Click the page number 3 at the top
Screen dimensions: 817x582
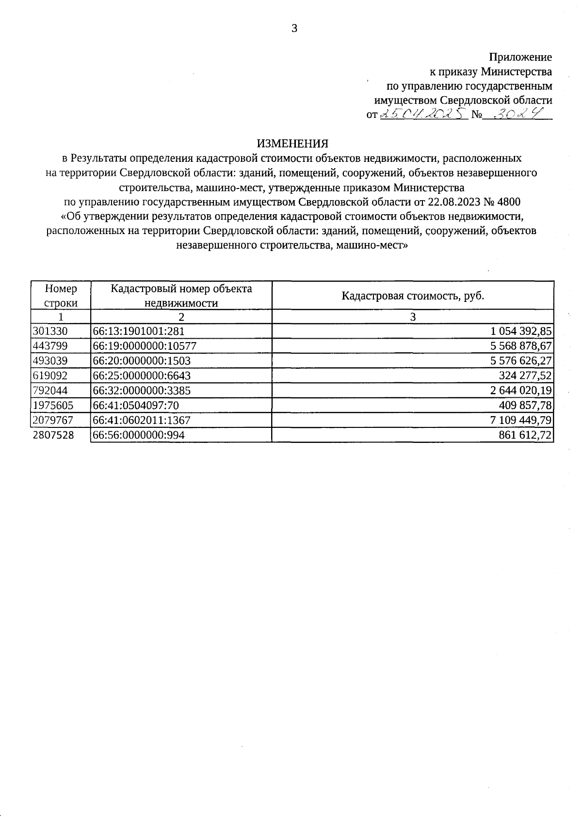pos(294,28)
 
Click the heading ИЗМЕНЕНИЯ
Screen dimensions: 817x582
pos(292,143)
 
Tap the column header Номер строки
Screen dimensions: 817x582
pos(61,296)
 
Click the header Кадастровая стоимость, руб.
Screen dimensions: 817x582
pos(413,296)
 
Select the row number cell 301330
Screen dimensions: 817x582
pos(50,331)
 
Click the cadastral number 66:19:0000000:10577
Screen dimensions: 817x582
pos(145,346)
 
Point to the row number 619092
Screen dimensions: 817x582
pos(50,376)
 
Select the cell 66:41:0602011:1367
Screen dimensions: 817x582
pos(142,420)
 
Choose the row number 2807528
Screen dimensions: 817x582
pos(53,435)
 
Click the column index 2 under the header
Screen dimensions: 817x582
pos(181,317)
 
